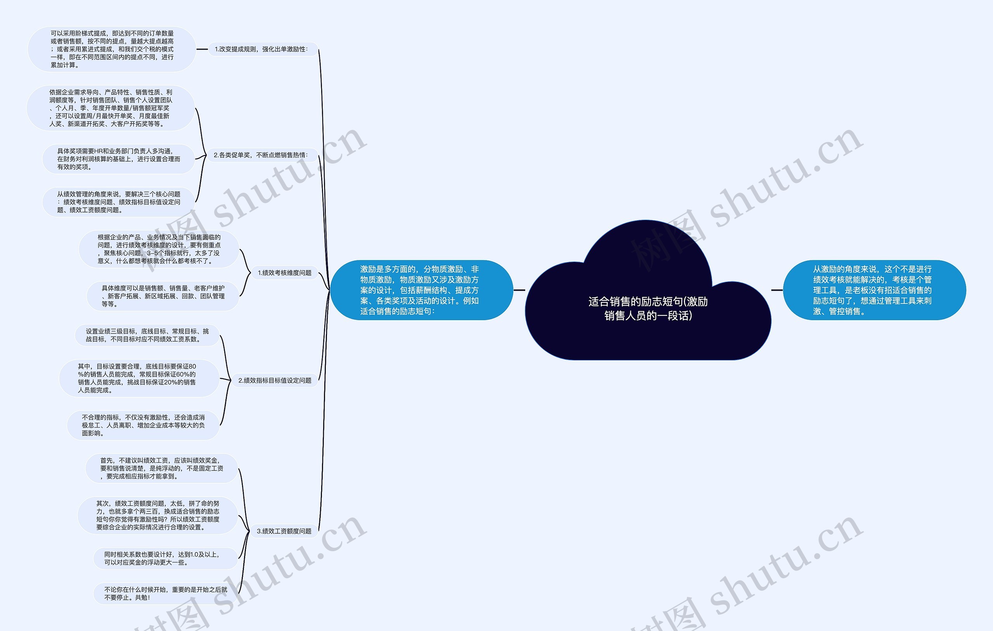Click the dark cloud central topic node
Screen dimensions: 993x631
648,290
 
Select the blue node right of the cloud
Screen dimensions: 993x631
874,290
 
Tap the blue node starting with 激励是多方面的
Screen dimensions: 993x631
422,290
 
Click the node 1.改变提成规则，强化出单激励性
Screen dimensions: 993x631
263,49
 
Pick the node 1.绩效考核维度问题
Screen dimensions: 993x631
285,273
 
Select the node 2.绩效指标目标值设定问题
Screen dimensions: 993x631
275,380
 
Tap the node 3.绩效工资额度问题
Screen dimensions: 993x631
284,531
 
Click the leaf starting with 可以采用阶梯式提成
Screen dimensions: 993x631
112,49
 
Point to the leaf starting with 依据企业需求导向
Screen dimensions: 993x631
111,108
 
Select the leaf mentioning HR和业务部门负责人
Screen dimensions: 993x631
118,159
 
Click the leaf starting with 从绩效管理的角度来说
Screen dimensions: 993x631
118,202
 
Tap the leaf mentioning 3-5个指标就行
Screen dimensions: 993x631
159,249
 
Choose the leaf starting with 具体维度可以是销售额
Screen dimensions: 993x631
163,296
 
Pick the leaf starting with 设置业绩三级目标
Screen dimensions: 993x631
147,335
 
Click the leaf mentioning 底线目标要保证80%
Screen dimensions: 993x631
139,378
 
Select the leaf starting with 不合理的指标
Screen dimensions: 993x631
143,425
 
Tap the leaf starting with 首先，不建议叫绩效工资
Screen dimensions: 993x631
162,468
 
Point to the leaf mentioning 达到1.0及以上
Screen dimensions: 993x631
166,559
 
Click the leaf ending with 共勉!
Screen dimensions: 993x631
166,593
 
